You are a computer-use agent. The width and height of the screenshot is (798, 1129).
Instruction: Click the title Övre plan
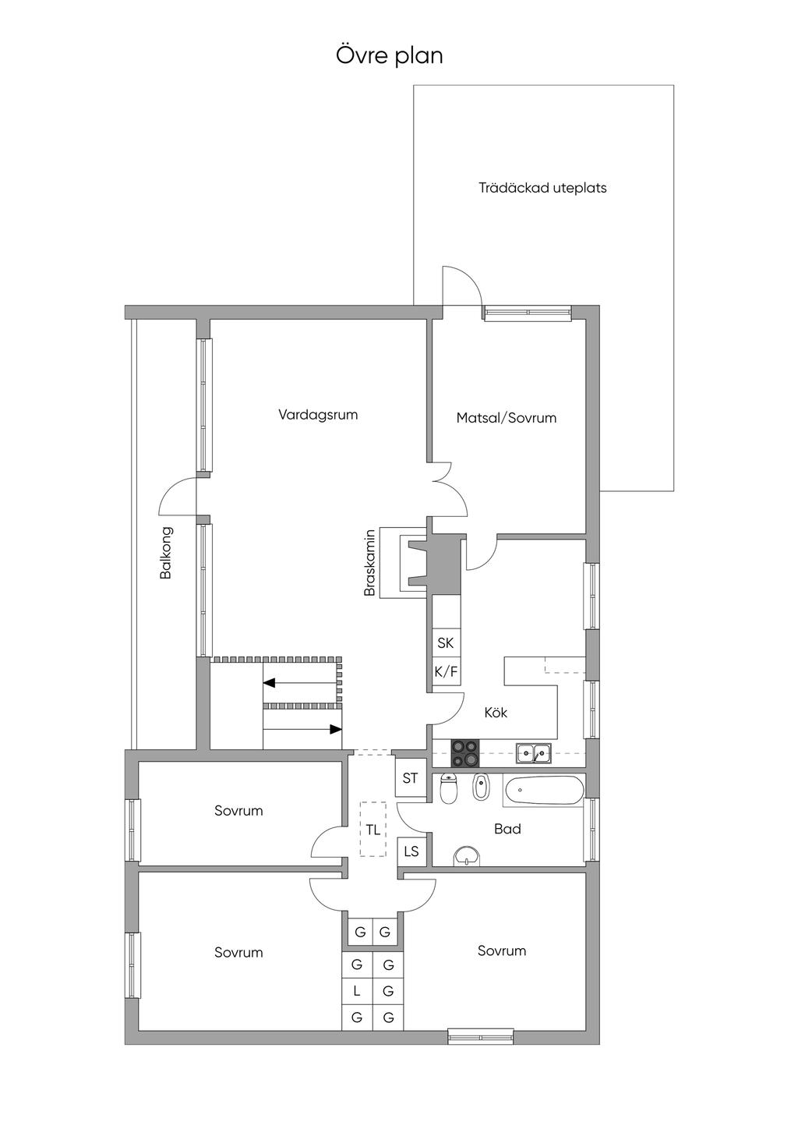coord(390,55)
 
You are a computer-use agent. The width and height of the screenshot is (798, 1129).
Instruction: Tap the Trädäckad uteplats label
coord(542,188)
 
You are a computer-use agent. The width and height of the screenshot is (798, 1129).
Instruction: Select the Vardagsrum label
coord(318,415)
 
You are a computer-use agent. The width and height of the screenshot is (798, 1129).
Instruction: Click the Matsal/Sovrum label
coord(507,417)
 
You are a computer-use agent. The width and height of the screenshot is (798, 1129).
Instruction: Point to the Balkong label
coord(166,552)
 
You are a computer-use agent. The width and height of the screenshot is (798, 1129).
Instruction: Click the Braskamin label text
coord(370,562)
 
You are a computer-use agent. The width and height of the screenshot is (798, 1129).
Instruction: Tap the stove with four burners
coord(465,752)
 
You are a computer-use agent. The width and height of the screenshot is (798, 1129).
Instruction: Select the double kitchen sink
coord(533,753)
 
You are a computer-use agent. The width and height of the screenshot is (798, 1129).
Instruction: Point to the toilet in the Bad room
coord(448,787)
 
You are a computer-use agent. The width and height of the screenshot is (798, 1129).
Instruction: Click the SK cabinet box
coord(446,642)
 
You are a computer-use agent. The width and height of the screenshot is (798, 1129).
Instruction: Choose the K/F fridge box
coord(446,671)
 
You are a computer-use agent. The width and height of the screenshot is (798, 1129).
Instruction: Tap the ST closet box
coord(410,778)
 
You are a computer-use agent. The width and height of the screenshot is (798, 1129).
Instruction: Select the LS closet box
coord(411,851)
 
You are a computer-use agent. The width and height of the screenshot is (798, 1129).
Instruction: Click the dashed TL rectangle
coord(373,829)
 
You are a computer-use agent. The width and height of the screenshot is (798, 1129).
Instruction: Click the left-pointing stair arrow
coord(300,683)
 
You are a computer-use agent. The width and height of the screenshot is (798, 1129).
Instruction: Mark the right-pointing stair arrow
coord(302,729)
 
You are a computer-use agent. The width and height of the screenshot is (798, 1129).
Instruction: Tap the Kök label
coord(496,712)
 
